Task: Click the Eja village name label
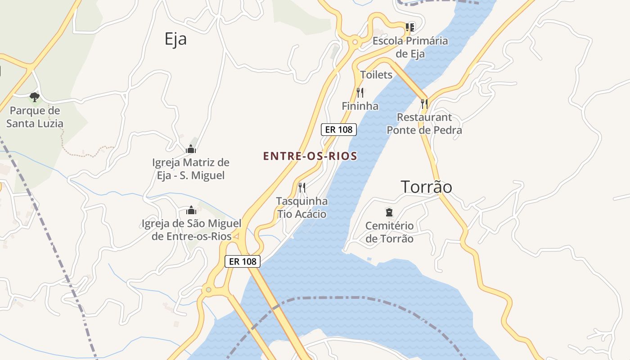175,39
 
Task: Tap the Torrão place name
426,187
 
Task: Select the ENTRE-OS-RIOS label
310,156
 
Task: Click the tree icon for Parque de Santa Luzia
34,97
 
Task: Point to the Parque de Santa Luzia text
35,117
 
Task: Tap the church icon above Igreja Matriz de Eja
191,149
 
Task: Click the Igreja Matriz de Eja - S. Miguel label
191,169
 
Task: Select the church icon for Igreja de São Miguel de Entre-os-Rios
191,210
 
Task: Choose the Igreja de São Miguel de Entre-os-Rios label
192,229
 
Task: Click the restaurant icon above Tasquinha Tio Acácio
302,187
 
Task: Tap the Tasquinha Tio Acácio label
302,207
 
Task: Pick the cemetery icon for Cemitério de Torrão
389,212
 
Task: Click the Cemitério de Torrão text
389,232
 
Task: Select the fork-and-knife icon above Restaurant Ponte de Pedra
424,104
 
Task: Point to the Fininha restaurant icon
360,93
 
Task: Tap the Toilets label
376,75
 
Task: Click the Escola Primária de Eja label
410,47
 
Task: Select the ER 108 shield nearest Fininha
339,130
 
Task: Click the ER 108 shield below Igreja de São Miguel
243,261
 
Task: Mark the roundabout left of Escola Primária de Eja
355,42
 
